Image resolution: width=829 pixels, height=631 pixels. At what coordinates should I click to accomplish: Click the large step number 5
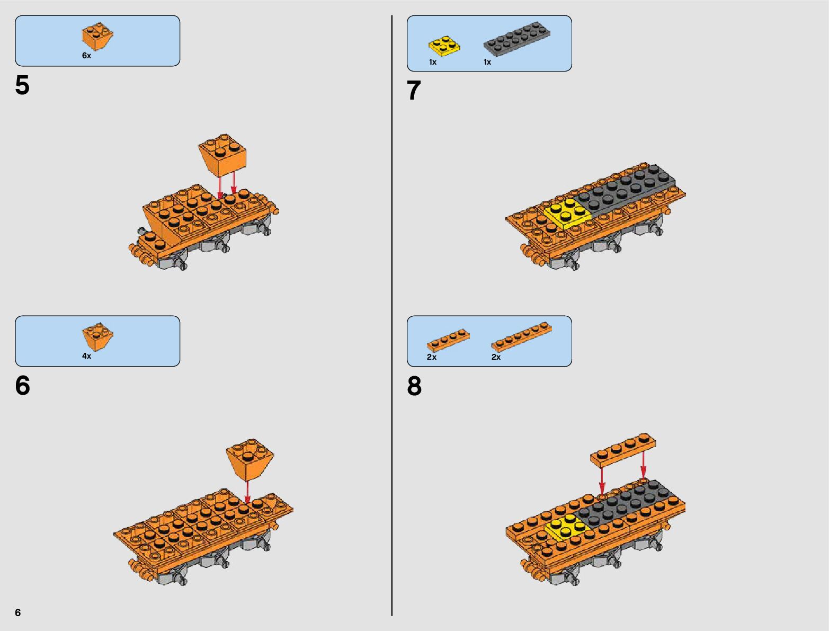click(22, 85)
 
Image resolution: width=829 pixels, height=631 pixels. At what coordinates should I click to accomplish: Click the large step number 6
click(22, 386)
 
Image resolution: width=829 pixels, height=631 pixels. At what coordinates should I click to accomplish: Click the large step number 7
click(414, 90)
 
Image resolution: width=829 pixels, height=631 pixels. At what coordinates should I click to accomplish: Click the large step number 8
click(414, 386)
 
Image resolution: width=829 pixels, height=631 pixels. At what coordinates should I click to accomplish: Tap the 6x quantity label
click(86, 56)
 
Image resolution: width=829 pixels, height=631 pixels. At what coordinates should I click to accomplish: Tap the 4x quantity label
click(86, 356)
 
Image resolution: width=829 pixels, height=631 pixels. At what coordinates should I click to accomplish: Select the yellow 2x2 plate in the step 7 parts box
click(444, 46)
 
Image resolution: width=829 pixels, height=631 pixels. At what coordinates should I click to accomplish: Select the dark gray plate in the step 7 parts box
click(516, 39)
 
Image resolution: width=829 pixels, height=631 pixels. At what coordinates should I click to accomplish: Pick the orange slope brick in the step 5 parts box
click(97, 36)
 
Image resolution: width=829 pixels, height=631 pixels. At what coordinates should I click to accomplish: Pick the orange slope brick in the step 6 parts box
click(97, 336)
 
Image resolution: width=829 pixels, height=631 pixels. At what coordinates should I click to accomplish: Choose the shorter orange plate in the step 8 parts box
click(448, 340)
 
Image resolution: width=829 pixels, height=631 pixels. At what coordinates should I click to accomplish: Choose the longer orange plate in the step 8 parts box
click(521, 337)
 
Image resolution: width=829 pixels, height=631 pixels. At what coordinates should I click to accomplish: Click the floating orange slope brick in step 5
click(222, 155)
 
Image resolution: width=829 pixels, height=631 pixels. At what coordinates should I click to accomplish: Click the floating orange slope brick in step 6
click(250, 459)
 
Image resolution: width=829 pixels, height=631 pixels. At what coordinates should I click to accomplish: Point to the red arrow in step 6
click(247, 492)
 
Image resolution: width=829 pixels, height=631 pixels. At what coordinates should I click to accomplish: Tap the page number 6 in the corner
click(18, 612)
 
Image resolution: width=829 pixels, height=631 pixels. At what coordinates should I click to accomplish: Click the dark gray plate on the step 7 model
click(625, 190)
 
